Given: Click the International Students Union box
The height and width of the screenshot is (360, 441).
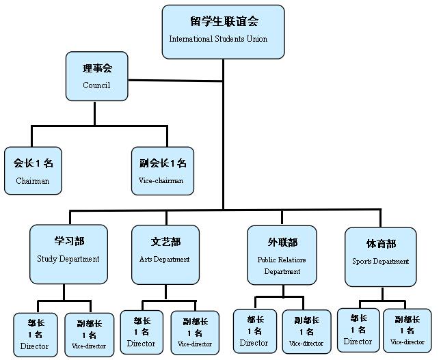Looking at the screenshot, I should (x=223, y=31).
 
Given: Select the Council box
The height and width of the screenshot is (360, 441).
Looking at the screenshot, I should (x=96, y=76).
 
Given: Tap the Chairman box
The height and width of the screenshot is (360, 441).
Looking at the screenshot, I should (x=33, y=171).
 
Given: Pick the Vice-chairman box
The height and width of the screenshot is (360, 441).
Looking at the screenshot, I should (x=162, y=171).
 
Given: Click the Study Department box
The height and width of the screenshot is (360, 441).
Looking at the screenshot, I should (x=68, y=253).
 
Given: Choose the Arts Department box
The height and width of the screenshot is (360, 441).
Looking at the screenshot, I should (x=165, y=253).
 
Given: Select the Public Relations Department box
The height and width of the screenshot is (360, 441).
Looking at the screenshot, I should (x=282, y=255).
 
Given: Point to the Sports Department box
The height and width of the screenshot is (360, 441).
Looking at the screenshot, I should (x=381, y=256).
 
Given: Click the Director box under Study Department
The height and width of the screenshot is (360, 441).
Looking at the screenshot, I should (x=36, y=334).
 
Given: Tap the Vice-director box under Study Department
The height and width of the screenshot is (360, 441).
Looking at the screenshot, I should (x=89, y=334).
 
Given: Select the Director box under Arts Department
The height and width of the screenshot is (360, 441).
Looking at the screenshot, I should (x=142, y=332).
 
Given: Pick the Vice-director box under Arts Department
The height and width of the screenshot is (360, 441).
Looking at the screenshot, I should (x=194, y=332).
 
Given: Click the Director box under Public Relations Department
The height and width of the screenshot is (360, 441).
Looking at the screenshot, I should (x=254, y=331).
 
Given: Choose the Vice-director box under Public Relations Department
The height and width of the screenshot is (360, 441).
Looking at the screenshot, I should (x=306, y=331).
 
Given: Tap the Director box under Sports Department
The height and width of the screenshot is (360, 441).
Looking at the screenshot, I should (x=358, y=330).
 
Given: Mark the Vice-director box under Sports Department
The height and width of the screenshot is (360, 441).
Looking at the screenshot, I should (x=407, y=330).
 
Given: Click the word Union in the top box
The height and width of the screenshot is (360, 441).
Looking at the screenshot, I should (x=254, y=39).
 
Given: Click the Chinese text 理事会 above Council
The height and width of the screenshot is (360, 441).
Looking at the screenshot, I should (x=96, y=68).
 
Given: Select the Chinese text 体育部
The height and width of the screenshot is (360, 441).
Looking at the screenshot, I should (x=381, y=244).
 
